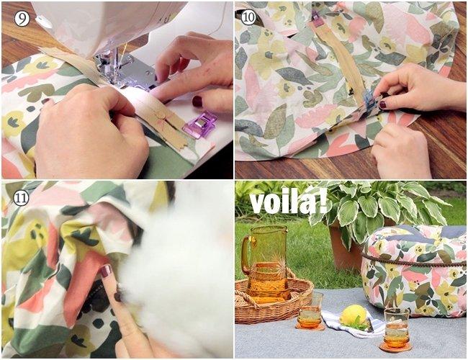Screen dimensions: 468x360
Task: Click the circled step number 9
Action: [22, 19]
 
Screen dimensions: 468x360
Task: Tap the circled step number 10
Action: [248, 17]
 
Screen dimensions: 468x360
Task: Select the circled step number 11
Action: [21, 197]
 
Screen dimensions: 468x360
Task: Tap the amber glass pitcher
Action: [266, 264]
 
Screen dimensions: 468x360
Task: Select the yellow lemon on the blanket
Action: [354, 315]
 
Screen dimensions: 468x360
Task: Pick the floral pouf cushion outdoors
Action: [414, 270]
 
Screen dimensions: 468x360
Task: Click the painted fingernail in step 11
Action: [106, 271]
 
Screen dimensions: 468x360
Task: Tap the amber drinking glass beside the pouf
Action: [397, 328]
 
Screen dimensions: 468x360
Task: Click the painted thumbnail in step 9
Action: [197, 101]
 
